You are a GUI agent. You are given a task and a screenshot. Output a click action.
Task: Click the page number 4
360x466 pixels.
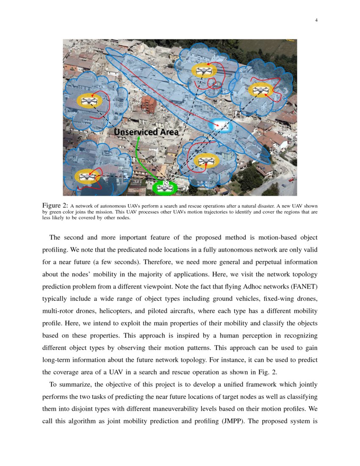316,20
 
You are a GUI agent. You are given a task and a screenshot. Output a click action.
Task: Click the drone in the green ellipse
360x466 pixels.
165,187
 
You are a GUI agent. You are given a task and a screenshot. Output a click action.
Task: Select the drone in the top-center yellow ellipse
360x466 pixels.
204,70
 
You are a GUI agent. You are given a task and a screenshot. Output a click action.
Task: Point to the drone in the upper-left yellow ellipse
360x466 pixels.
89,101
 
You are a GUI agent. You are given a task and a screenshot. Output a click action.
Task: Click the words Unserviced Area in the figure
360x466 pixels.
146,132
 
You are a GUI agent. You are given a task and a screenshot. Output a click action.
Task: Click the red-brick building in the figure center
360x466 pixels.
149,104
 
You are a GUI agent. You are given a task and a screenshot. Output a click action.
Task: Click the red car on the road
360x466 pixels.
291,180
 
